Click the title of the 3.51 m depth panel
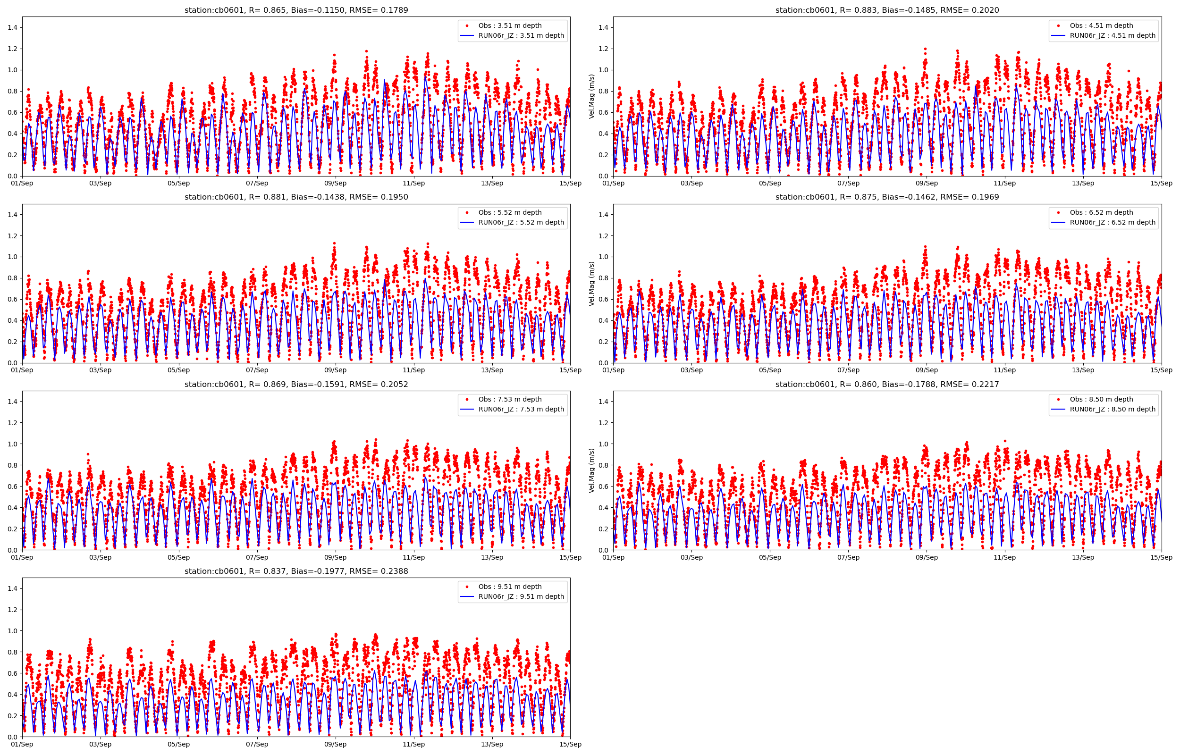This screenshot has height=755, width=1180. pos(296,10)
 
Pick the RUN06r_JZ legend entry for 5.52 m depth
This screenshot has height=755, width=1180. pos(521,223)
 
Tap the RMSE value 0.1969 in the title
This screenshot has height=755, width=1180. pos(982,197)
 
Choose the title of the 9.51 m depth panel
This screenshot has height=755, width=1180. pos(296,571)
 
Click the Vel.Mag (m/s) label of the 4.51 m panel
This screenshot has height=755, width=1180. pos(592,97)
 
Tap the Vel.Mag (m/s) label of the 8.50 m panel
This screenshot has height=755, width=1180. pos(592,470)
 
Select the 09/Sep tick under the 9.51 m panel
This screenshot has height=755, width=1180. pos(335,744)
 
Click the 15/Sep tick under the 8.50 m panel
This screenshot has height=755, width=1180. pos(1161,557)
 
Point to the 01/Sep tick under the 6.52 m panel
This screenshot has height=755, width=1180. pos(613,370)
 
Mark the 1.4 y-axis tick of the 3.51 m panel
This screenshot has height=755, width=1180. pos(12,28)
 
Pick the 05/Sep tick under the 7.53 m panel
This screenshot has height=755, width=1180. pos(178,557)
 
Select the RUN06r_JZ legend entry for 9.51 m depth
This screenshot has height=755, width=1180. pos(521,596)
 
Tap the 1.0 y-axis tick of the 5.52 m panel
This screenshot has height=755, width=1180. pos(12,257)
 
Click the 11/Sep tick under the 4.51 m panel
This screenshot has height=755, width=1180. pos(1004,184)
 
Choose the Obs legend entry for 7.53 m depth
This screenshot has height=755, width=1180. pos(510,400)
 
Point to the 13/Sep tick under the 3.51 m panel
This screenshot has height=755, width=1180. pos(492,184)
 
